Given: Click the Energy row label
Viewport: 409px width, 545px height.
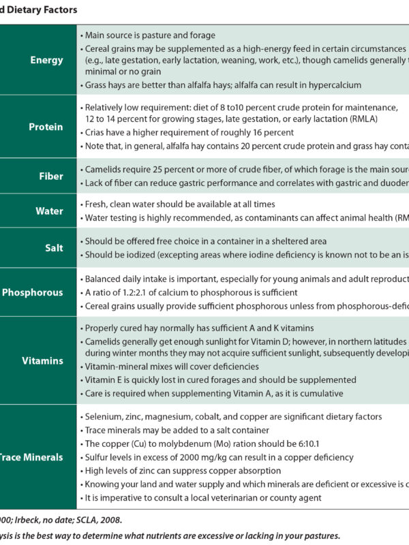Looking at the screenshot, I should tap(47, 60).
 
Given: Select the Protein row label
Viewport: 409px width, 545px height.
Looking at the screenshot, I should tap(46, 127).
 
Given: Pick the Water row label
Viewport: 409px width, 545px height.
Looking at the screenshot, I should tap(49, 211).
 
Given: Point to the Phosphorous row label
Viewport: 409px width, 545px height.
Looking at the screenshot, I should tap(33, 292).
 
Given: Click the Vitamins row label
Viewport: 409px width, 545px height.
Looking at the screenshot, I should tap(42, 360).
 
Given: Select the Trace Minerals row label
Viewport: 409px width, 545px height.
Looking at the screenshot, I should tap(31, 457).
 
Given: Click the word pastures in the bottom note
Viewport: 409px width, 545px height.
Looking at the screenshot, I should tap(320, 535).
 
